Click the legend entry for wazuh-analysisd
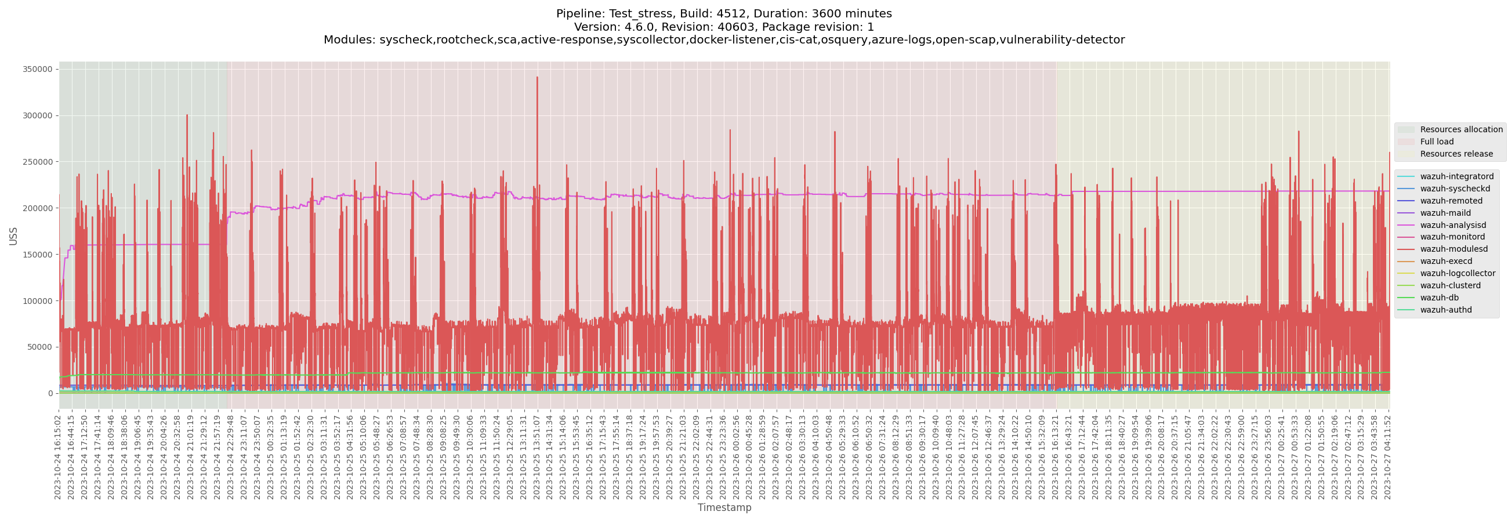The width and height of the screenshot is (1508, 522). click(x=1452, y=225)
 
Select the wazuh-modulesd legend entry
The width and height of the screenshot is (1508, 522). click(x=1451, y=249)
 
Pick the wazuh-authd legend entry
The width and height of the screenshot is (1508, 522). click(x=1445, y=310)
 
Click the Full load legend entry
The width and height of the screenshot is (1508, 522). click(x=1437, y=142)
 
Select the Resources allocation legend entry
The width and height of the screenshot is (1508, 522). click(x=1461, y=129)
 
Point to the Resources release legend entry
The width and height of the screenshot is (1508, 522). click(x=1456, y=154)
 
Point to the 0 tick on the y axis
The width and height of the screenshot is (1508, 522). click(x=50, y=394)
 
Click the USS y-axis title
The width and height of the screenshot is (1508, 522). click(x=13, y=236)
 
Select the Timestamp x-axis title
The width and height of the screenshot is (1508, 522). click(x=724, y=508)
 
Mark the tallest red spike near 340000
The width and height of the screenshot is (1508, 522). click(x=537, y=78)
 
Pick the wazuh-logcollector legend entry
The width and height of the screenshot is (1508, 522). click(x=1457, y=274)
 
